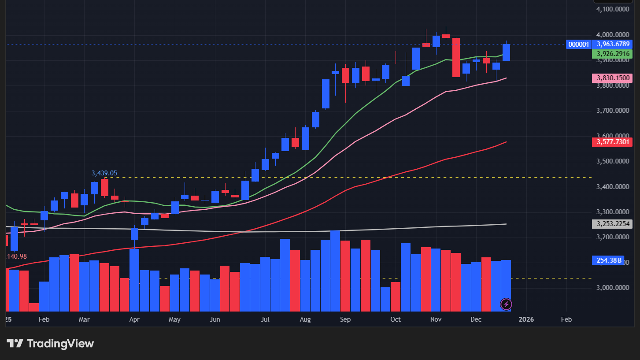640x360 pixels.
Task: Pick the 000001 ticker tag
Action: [x=578, y=44]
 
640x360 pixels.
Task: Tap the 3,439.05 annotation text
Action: [x=104, y=173]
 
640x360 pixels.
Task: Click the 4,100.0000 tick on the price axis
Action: [x=613, y=9]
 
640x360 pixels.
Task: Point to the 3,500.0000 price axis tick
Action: [x=613, y=161]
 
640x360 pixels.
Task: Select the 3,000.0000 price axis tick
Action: [x=613, y=288]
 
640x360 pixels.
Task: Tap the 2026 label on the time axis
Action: [x=526, y=319]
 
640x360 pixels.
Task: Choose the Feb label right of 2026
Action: [x=566, y=319]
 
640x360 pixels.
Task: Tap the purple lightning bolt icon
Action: [x=506, y=304]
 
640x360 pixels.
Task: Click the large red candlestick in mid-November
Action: [x=456, y=57]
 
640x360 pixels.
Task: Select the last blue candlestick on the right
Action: [x=506, y=52]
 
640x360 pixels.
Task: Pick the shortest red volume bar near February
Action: [x=34, y=307]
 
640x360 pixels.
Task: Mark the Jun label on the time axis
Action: [x=215, y=319]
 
